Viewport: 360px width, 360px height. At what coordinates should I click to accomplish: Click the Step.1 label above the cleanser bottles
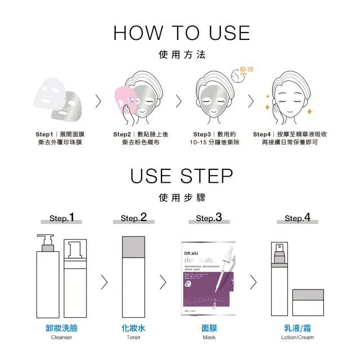(62, 217)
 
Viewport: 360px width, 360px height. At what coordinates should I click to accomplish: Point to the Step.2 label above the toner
(133, 217)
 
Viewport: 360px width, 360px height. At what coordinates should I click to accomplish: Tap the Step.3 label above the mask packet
(209, 217)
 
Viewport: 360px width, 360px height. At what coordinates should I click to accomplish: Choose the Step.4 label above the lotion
(297, 217)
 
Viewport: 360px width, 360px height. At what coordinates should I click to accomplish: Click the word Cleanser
(61, 337)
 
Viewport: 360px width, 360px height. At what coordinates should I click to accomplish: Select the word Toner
(133, 337)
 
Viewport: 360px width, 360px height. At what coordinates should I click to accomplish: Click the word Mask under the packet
(209, 337)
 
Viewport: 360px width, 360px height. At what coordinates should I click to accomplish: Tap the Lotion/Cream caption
(298, 337)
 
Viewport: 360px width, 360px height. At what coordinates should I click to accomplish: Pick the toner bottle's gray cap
(134, 245)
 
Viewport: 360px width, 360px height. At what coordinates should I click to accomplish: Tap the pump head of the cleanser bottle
(45, 241)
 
